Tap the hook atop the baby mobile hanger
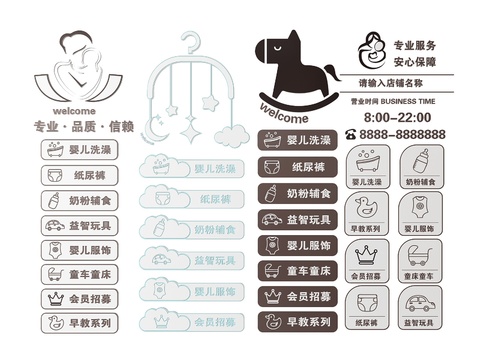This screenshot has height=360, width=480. [x=191, y=41]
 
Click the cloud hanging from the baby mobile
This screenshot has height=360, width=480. [x=232, y=134]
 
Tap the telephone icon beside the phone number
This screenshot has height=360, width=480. [x=351, y=134]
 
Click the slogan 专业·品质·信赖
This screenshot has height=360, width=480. [x=83, y=127]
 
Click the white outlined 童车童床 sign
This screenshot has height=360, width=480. [x=80, y=273]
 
